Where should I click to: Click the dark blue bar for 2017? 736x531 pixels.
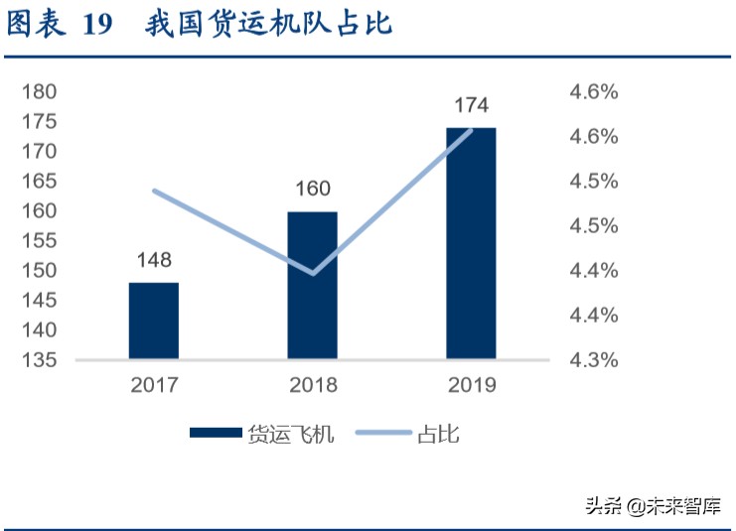point(154,321)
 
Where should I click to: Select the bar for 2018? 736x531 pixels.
point(313,285)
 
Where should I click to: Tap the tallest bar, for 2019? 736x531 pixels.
point(471,243)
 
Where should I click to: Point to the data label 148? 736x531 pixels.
point(154,260)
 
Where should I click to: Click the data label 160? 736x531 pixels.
point(313,189)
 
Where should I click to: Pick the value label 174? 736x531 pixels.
point(471,105)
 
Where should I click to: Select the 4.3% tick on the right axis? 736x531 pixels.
point(593,359)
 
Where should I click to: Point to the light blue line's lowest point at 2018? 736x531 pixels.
point(313,273)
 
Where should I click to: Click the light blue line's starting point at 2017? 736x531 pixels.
point(154,191)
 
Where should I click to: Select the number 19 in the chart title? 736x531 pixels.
point(98,26)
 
